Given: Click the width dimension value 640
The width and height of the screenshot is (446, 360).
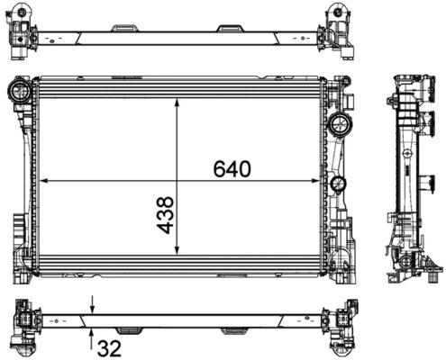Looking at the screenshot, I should pyautogui.click(x=232, y=168).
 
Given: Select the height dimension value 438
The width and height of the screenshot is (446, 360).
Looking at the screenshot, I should pyautogui.click(x=166, y=216).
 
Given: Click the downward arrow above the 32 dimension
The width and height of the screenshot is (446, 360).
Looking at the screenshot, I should pyautogui.click(x=92, y=308).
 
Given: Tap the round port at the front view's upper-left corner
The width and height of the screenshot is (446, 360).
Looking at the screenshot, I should pyautogui.click(x=18, y=90).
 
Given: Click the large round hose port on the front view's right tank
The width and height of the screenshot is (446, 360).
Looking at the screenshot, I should pyautogui.click(x=341, y=123).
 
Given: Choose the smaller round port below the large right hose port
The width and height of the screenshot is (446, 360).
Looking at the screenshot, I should pyautogui.click(x=339, y=185).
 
